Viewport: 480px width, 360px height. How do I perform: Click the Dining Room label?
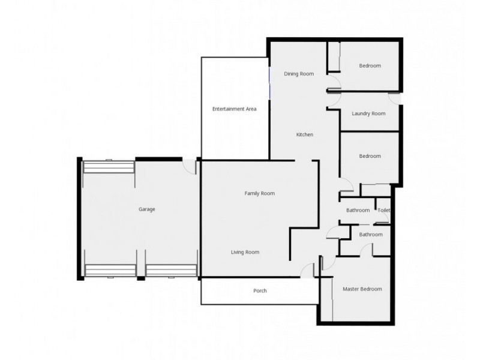[299, 74]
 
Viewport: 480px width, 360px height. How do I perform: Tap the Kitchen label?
[305, 134]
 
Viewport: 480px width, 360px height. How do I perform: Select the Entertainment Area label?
[235, 109]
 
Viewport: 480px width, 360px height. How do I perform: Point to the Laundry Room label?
[368, 113]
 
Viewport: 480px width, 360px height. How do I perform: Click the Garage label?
[147, 209]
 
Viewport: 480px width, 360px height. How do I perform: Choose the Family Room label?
[259, 193]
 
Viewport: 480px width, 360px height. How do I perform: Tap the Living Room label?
[245, 252]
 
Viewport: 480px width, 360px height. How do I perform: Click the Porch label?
[260, 291]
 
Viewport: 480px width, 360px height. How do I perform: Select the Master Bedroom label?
[362, 289]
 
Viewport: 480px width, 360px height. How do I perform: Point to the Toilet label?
[384, 210]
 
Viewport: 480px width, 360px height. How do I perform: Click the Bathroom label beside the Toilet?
[358, 210]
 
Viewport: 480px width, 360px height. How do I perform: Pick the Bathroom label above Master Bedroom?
[370, 235]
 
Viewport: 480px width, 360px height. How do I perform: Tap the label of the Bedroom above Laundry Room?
[370, 65]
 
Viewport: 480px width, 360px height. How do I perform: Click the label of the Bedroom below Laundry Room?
[370, 156]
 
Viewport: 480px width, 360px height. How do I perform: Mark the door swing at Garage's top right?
[191, 167]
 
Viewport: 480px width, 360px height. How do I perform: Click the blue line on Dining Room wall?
[269, 84]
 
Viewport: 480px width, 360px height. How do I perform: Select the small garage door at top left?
[109, 166]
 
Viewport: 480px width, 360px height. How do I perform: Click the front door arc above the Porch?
[308, 271]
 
